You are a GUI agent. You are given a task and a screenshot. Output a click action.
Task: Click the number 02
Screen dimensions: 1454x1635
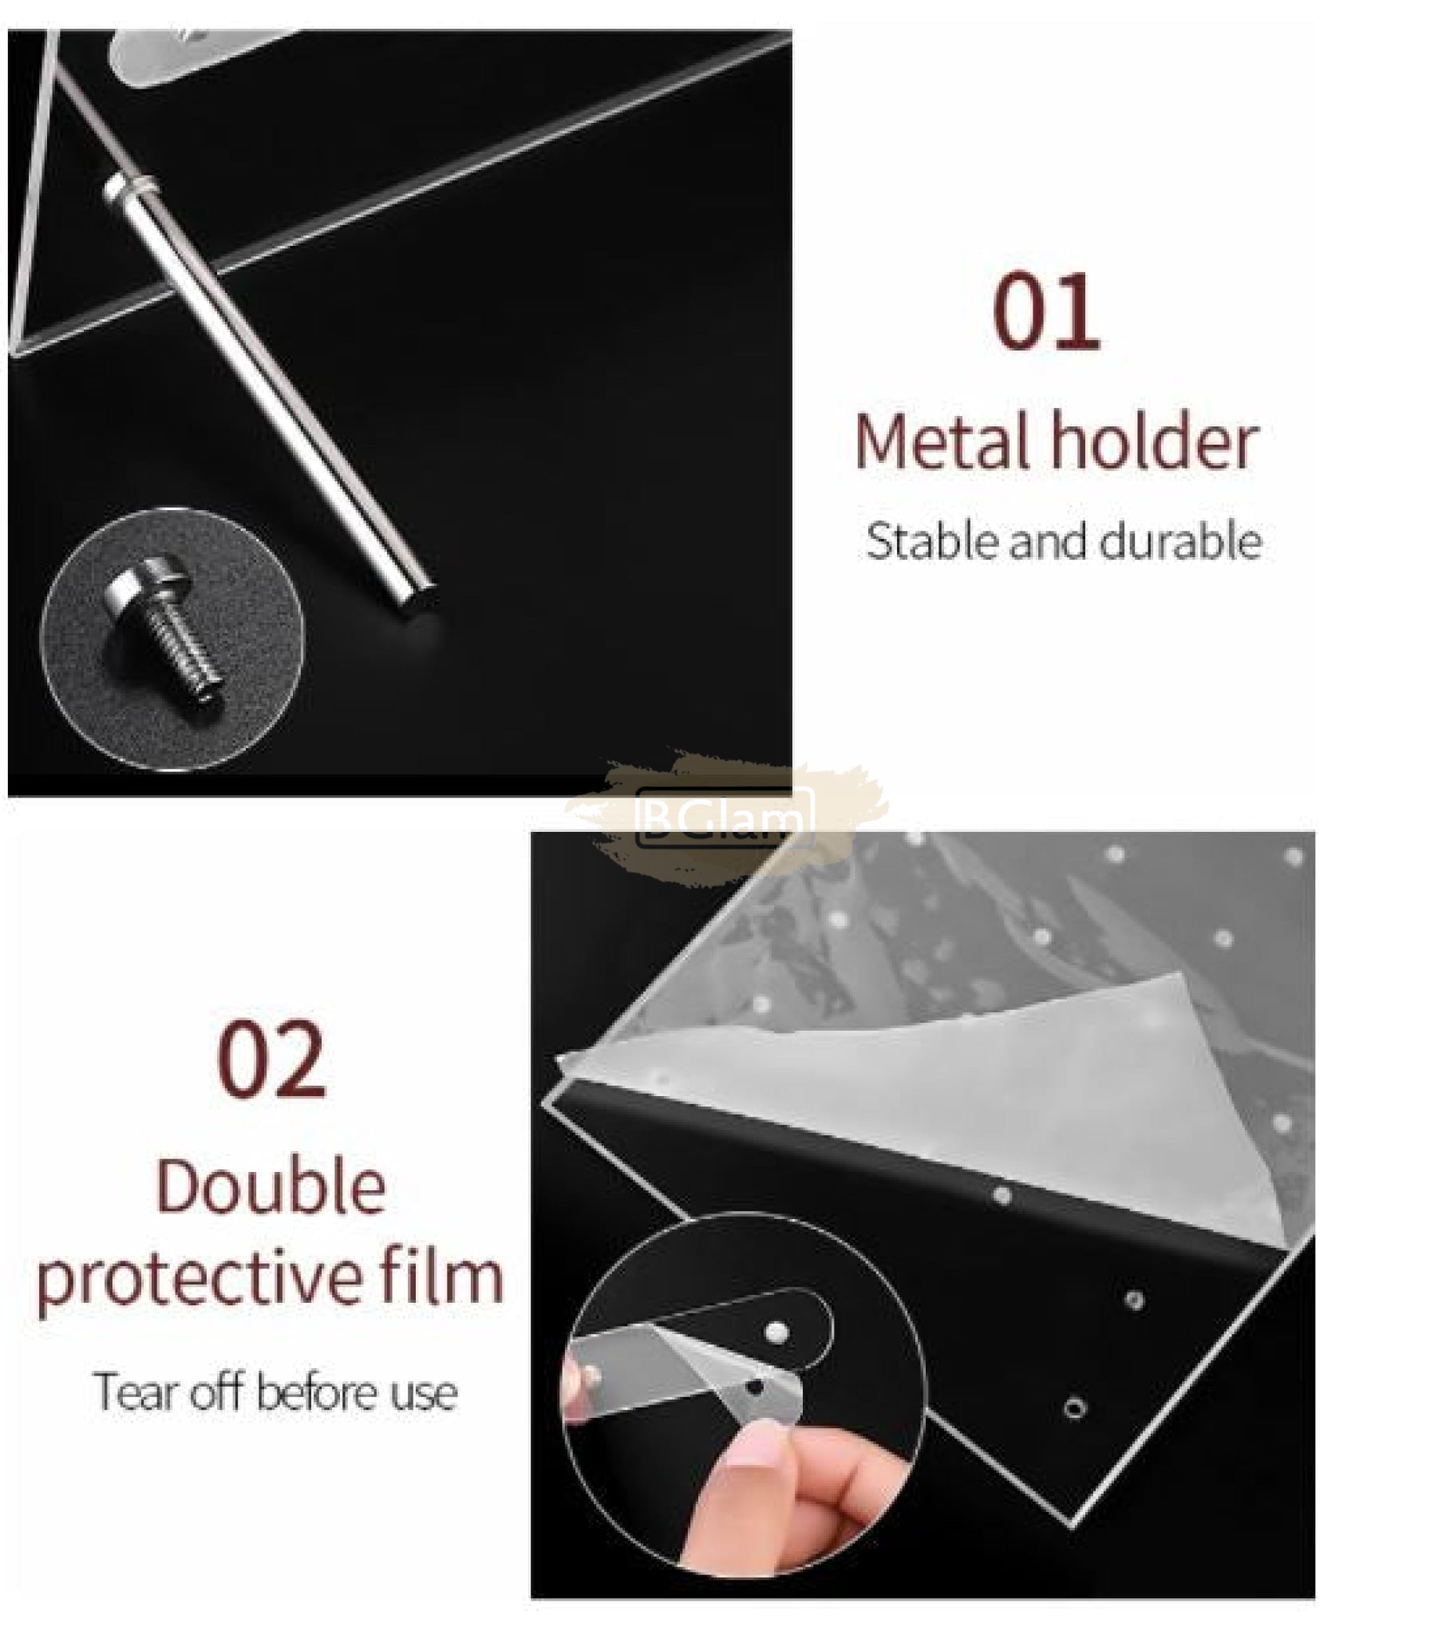coord(271,1060)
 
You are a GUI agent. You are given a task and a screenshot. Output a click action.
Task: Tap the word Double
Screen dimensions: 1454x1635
coord(271,1187)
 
